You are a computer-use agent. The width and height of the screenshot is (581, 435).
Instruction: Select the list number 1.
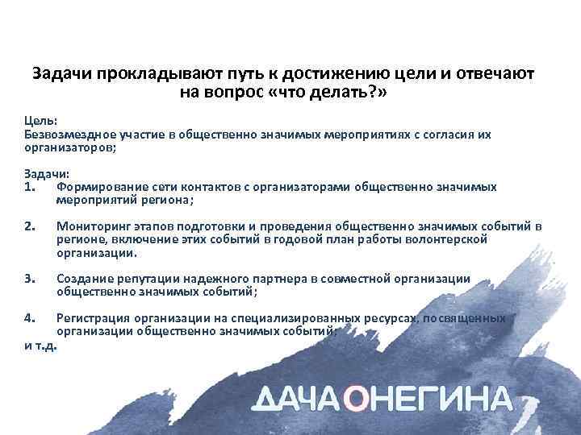tap(30, 187)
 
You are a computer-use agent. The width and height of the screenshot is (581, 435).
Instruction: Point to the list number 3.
tap(31, 278)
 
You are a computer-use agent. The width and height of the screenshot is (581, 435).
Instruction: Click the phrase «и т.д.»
tap(40, 345)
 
